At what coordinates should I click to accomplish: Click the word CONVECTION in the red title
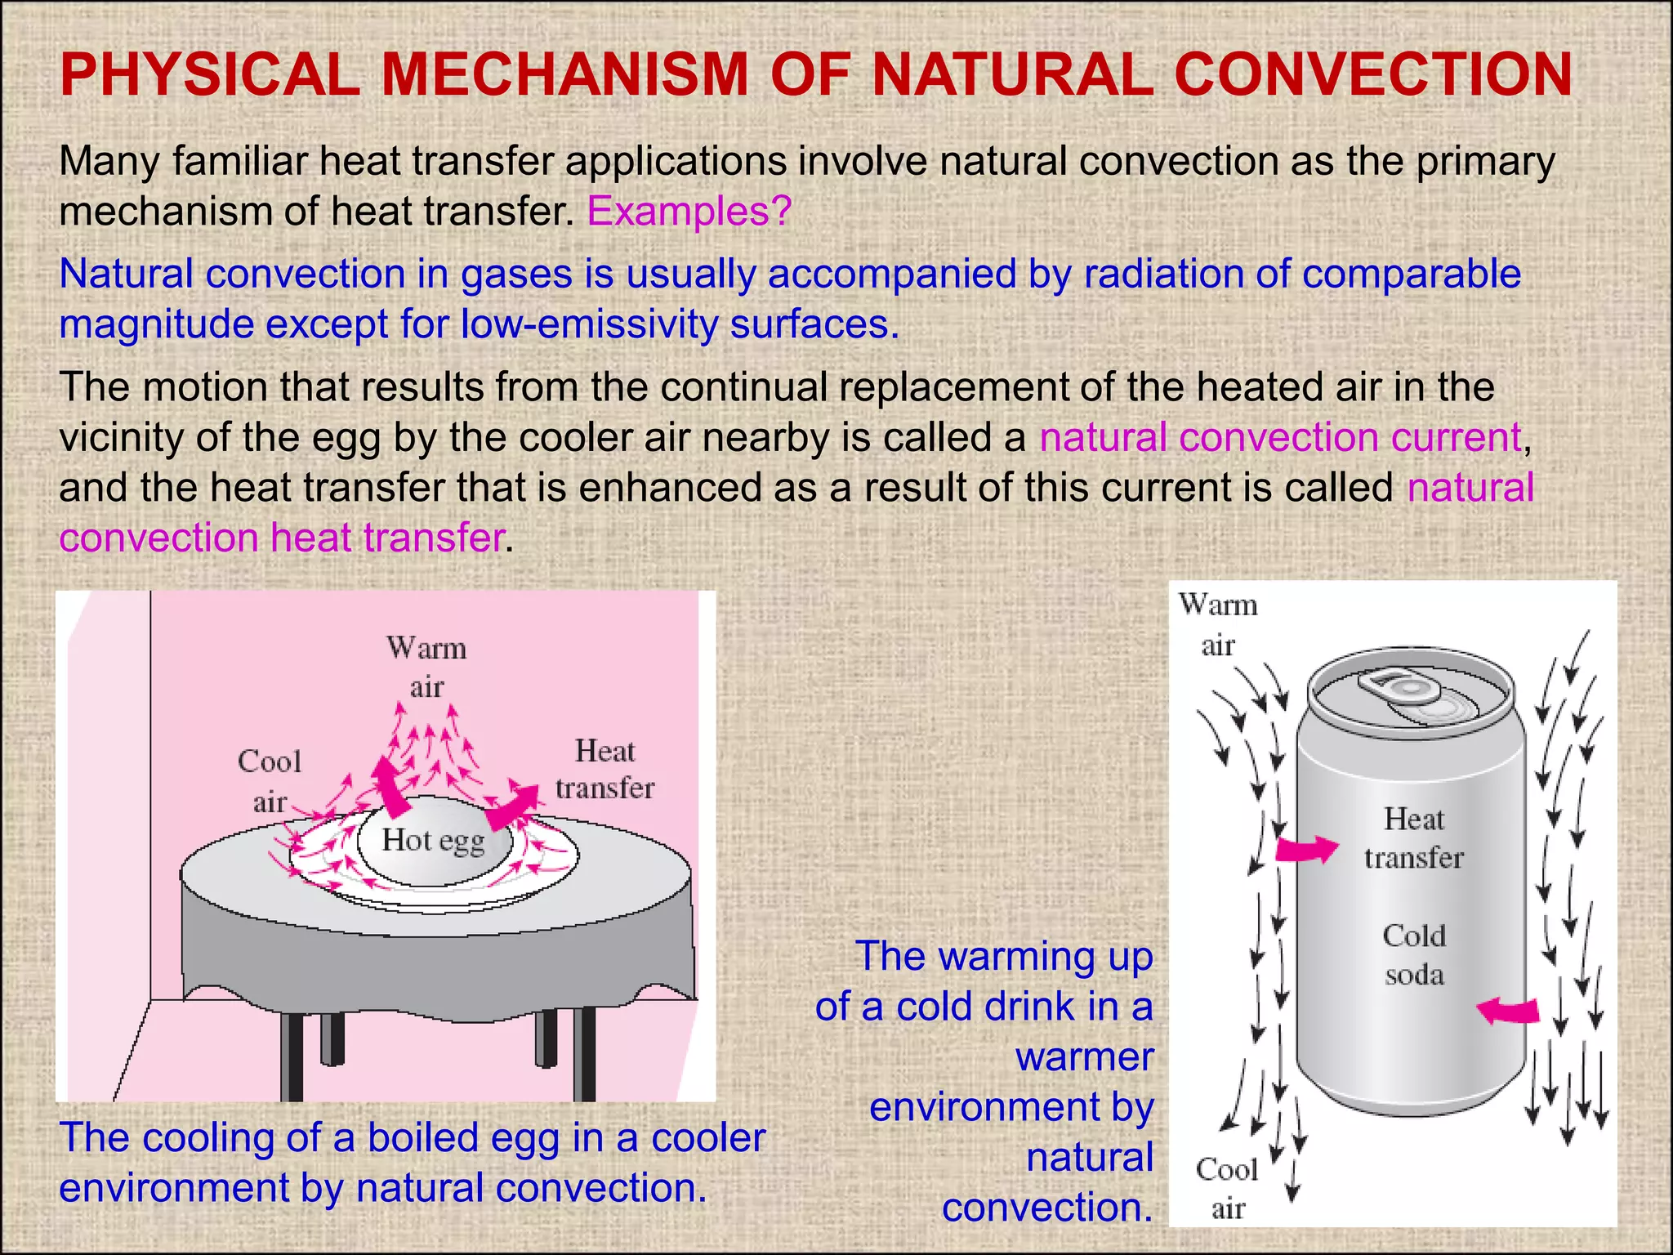click(1372, 75)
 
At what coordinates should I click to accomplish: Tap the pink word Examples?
click(689, 212)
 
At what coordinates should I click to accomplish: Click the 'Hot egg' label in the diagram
click(433, 841)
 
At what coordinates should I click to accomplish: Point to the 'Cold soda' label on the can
click(1414, 955)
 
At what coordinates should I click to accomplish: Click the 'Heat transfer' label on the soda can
click(1414, 838)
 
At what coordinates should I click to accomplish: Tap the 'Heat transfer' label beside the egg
click(605, 770)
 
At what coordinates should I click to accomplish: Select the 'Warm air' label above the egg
click(426, 668)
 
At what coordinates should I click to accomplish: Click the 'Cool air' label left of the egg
click(270, 781)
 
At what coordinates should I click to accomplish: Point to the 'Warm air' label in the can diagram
click(1218, 625)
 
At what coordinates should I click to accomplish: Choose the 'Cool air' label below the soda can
click(1227, 1189)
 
